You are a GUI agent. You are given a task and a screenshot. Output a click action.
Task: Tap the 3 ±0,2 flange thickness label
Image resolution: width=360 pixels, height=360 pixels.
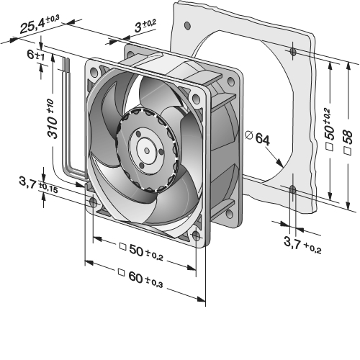[145, 26]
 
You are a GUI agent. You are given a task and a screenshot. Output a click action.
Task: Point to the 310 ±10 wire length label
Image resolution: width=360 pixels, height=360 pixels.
[53, 118]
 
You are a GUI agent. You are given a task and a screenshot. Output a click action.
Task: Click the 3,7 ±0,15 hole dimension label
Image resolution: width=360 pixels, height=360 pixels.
[38, 185]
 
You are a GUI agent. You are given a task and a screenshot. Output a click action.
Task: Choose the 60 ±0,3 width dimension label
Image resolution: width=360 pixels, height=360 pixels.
[145, 279]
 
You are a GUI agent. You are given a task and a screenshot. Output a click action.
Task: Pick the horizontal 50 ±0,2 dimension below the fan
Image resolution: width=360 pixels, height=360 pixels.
[146, 253]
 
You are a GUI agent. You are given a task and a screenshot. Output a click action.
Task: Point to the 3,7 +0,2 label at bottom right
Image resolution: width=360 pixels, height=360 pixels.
[302, 245]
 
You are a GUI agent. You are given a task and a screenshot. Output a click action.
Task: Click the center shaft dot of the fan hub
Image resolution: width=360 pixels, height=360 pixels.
[147, 150]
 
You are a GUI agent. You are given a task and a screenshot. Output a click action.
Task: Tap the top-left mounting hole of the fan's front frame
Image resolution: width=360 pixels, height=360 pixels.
[94, 72]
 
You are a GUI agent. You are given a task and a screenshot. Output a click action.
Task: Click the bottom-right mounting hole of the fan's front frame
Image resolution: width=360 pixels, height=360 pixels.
[197, 236]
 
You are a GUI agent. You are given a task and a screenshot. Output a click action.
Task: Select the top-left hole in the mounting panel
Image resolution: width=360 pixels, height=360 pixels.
[187, 25]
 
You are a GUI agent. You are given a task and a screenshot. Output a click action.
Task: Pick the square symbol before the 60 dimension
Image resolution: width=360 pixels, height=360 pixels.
[122, 272]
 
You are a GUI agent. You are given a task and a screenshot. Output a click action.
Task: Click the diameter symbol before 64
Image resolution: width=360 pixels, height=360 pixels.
[248, 135]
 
